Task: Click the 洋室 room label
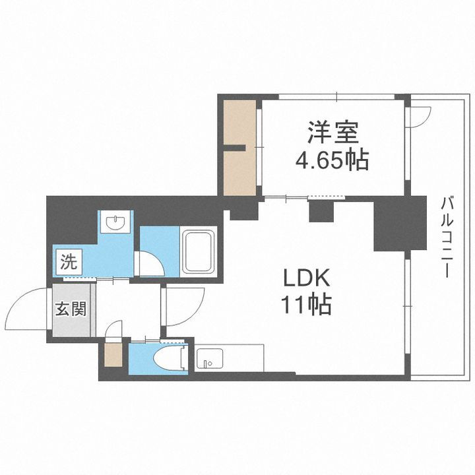(332, 132)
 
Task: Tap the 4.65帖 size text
(332, 160)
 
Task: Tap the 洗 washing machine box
(68, 261)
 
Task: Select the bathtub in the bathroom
(201, 253)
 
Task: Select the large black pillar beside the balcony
(392, 224)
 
